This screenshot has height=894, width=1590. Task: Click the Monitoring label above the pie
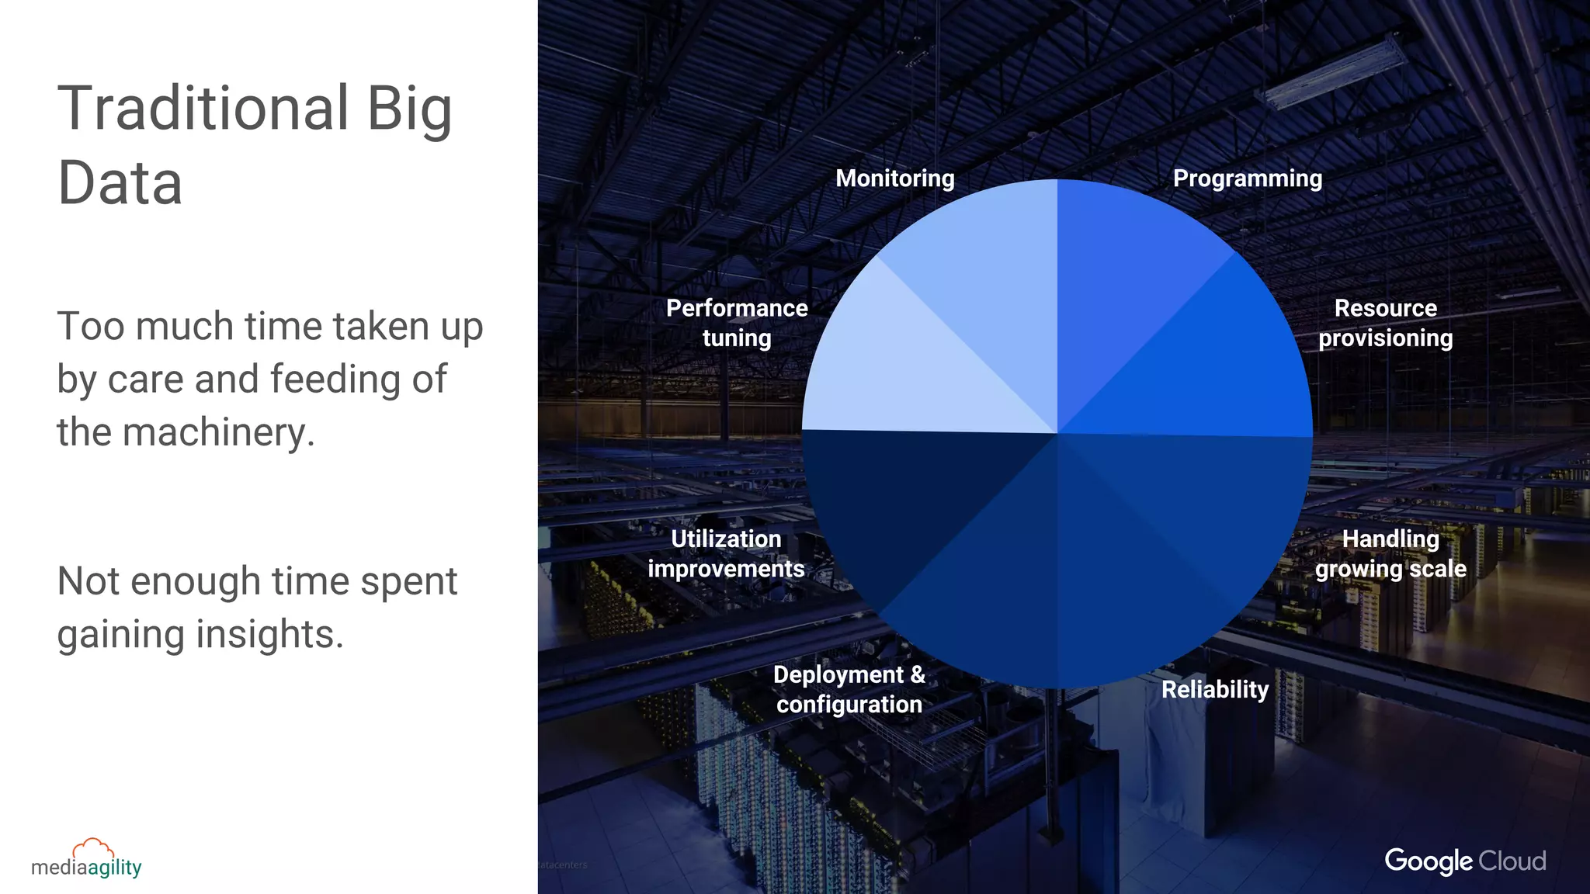click(x=894, y=178)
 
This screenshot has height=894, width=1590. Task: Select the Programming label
click(x=1247, y=178)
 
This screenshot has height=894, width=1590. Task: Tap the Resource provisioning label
click(x=1385, y=323)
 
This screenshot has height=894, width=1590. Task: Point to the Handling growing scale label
click(x=1390, y=553)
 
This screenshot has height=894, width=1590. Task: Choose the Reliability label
click(x=1214, y=689)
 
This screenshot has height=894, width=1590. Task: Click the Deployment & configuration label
click(x=849, y=689)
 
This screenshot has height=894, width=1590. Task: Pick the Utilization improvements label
click(x=726, y=553)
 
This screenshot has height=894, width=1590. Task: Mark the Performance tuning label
click(x=737, y=323)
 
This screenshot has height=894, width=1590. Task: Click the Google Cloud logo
click(x=1465, y=861)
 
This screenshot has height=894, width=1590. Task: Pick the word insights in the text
click(x=269, y=635)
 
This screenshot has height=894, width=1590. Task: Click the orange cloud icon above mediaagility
click(x=93, y=847)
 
